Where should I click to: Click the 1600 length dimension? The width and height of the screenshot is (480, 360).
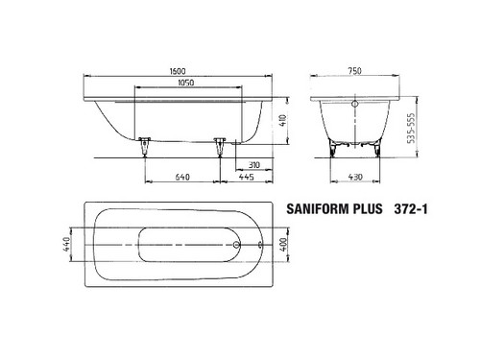click(178, 71)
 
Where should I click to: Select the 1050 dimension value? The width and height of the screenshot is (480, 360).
click(186, 83)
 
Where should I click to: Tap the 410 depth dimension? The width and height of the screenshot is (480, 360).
click(283, 120)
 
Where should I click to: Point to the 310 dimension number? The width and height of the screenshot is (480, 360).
click(254, 165)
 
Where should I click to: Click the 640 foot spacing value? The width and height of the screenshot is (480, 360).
click(182, 177)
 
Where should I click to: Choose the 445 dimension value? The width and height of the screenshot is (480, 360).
click(247, 177)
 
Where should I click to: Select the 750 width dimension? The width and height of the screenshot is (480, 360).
click(354, 70)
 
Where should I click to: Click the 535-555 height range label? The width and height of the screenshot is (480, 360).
click(412, 128)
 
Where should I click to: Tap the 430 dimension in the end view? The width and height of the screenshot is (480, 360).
click(355, 177)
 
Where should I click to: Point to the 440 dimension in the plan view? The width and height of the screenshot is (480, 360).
click(66, 244)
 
